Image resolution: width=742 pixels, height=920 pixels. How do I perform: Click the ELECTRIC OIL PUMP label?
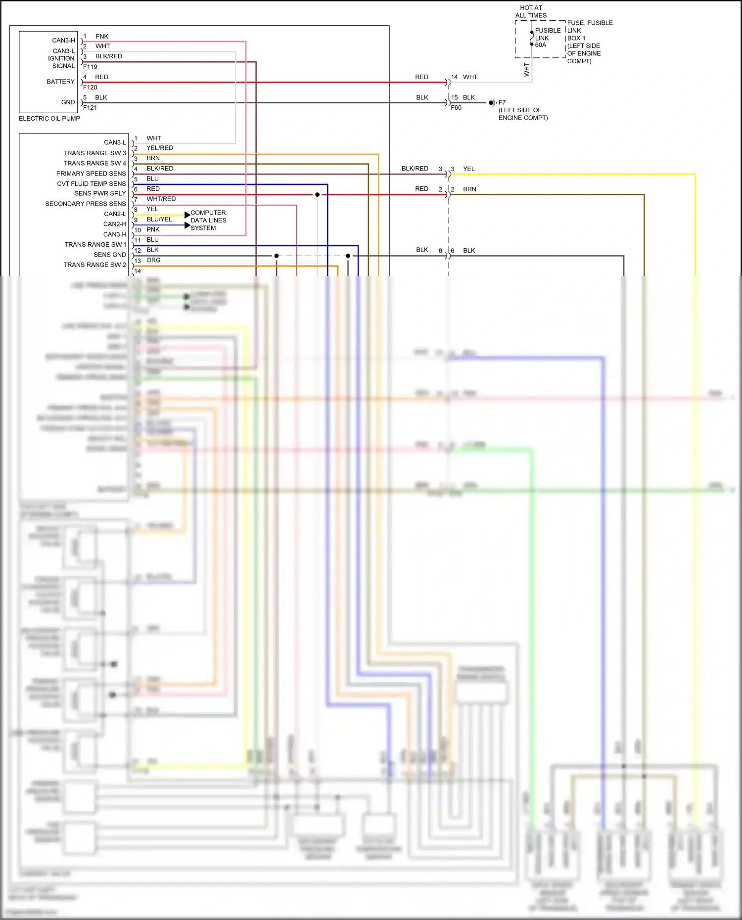click(x=49, y=119)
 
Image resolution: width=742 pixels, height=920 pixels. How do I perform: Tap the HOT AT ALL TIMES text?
click(x=531, y=11)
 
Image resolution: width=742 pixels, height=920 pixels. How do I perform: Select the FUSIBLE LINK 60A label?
click(x=548, y=38)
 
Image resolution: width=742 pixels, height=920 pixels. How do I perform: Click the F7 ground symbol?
click(x=492, y=103)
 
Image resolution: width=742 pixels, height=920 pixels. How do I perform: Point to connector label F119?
click(x=90, y=67)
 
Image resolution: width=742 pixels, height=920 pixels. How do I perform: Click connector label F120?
click(x=90, y=88)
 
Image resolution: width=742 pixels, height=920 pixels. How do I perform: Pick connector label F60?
click(x=456, y=108)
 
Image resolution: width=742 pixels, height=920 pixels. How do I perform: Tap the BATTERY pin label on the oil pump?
click(x=60, y=82)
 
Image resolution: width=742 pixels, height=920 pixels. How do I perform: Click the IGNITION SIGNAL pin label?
click(x=61, y=62)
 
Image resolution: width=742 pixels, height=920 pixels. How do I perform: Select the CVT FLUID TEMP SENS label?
click(x=92, y=183)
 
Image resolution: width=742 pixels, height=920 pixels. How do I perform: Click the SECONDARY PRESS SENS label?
click(x=86, y=204)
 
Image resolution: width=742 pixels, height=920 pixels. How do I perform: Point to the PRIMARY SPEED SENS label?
click(x=91, y=174)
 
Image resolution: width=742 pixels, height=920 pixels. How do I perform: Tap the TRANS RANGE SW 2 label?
click(x=95, y=265)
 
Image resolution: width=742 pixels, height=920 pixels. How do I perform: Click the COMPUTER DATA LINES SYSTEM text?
click(x=208, y=220)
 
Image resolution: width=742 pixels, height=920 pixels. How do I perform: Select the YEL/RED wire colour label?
click(x=160, y=148)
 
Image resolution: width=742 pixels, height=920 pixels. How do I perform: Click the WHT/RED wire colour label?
click(x=161, y=199)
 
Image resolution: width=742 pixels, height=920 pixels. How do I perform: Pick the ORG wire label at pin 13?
click(x=153, y=260)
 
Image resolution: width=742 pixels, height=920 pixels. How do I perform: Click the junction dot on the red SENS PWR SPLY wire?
click(x=318, y=195)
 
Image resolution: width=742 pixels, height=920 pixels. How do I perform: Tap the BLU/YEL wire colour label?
click(x=159, y=219)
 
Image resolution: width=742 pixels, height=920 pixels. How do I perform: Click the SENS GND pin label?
click(x=110, y=255)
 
